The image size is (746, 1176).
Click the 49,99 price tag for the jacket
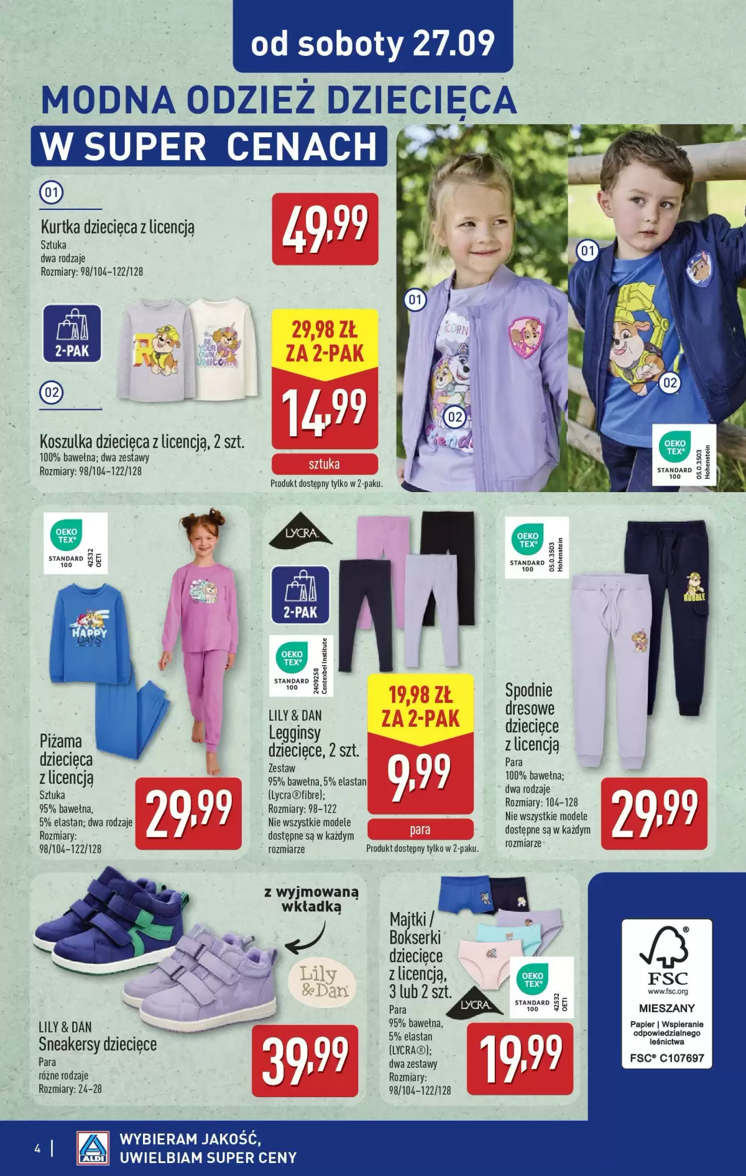(x=325, y=228)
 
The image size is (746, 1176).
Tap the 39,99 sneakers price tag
(x=305, y=1060)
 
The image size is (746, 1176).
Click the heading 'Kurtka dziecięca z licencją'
(x=117, y=226)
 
